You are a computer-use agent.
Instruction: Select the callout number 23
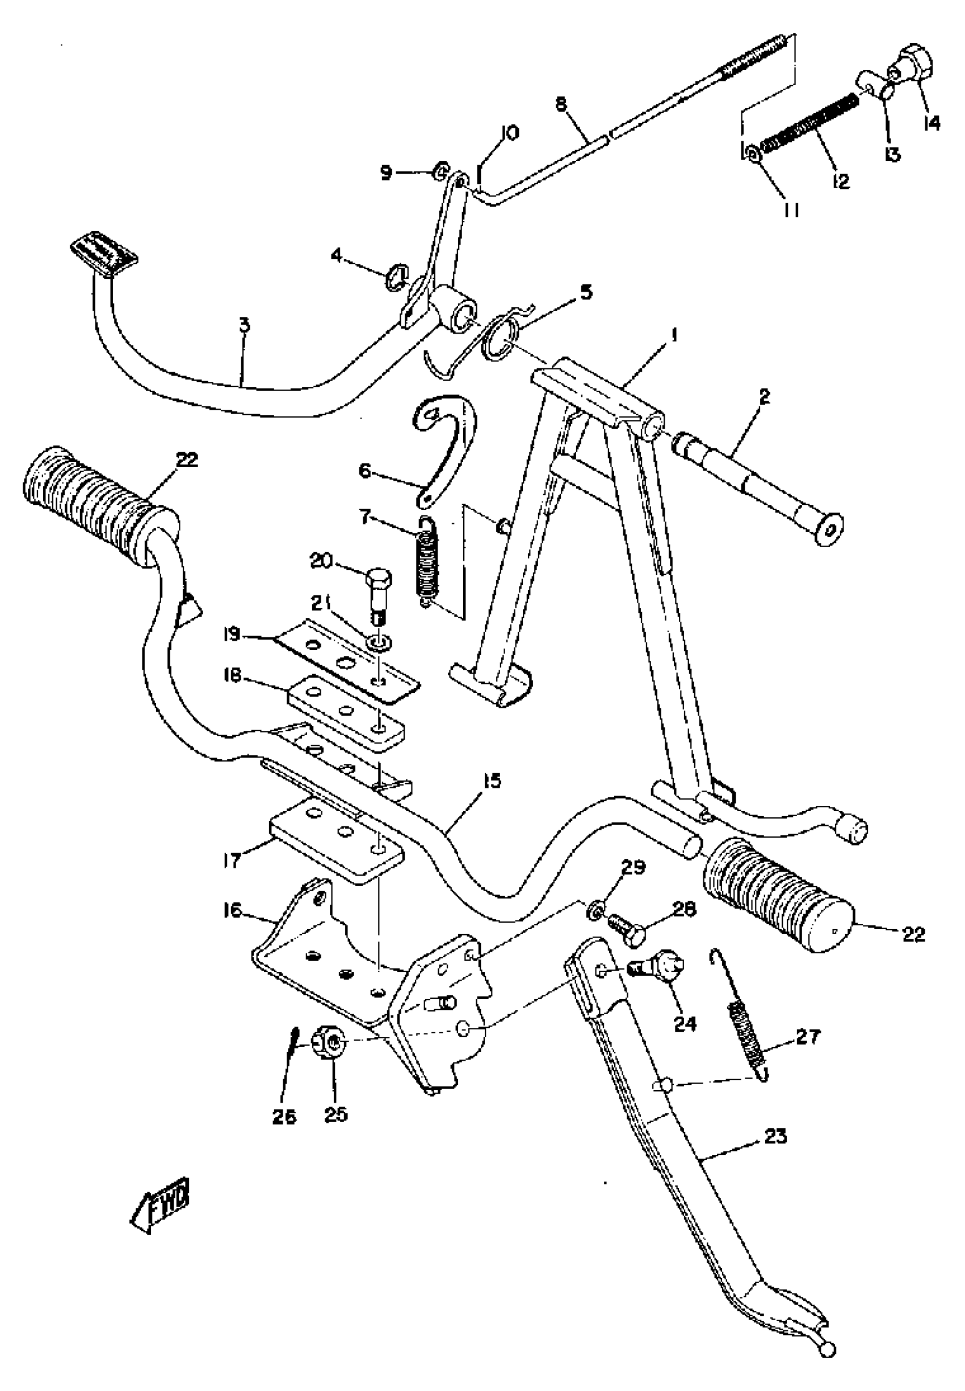[775, 1137]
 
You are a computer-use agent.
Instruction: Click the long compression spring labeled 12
[808, 123]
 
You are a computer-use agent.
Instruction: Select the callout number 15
[492, 781]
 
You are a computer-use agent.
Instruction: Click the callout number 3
[244, 326]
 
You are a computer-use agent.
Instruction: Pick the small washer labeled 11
[753, 155]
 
